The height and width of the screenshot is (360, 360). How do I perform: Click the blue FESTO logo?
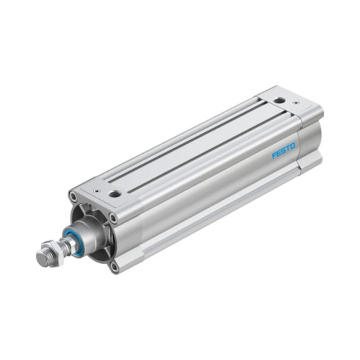point(284,151)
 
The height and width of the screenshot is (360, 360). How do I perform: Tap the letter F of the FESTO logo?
point(274,156)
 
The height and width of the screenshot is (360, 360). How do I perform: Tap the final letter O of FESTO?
point(292,146)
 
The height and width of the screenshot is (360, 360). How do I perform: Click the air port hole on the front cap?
point(114,194)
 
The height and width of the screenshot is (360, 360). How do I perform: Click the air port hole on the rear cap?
point(280,100)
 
